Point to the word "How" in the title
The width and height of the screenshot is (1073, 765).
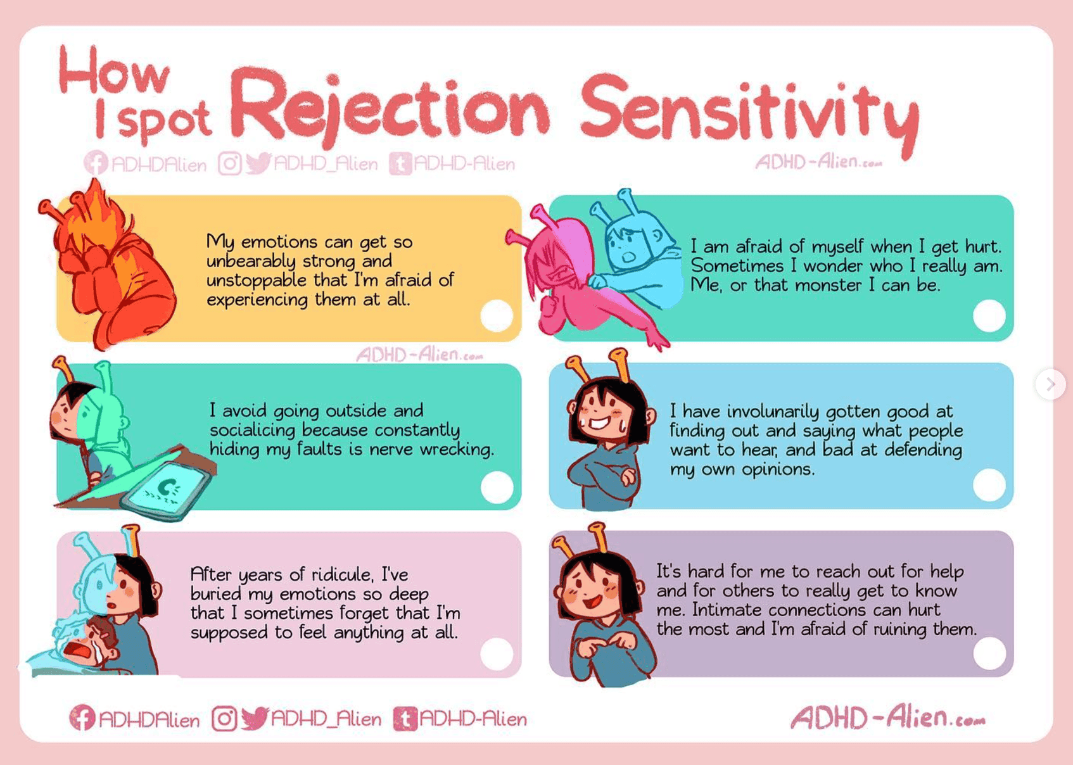click(x=115, y=72)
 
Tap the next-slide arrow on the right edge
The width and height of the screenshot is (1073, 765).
click(x=1050, y=384)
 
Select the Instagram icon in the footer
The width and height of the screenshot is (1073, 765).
click(x=224, y=719)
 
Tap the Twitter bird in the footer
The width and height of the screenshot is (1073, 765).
click(x=255, y=718)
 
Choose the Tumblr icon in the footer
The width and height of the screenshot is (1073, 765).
click(x=405, y=719)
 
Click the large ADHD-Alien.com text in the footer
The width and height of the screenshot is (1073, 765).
click(x=887, y=718)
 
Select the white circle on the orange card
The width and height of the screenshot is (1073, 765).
click(x=497, y=315)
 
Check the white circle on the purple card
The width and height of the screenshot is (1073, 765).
click(x=989, y=653)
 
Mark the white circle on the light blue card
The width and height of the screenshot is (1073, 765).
click(x=989, y=484)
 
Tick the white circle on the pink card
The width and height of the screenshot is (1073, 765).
click(x=497, y=654)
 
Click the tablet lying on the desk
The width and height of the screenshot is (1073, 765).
click(x=166, y=490)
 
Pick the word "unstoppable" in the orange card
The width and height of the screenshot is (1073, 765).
click(x=257, y=281)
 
